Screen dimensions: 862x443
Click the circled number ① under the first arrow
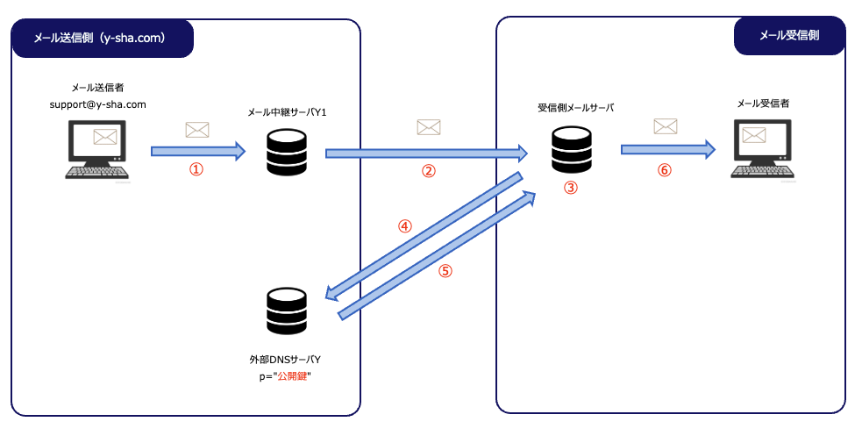tap(196, 169)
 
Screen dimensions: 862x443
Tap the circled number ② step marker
tap(428, 171)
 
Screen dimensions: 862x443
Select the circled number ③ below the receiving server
tap(571, 188)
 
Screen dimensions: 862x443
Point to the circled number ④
tap(405, 226)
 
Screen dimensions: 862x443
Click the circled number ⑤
tap(445, 270)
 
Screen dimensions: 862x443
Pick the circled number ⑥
tap(664, 170)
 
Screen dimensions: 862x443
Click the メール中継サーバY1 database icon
tap(287, 153)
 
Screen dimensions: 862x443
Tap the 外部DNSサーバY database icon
tap(287, 311)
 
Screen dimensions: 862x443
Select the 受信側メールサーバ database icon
tap(572, 149)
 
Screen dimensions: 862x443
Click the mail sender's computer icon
tap(96, 149)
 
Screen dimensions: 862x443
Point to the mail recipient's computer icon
tap(763, 149)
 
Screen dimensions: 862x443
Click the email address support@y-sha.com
tap(98, 104)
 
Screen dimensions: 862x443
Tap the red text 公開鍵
tap(292, 376)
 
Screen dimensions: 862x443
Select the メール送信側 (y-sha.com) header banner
tap(103, 38)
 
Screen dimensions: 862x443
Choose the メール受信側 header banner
tap(789, 36)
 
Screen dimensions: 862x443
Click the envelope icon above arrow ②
tap(428, 127)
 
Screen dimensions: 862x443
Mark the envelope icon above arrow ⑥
tap(666, 126)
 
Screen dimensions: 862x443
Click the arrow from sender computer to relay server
tap(198, 151)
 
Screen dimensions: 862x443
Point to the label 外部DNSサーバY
tap(285, 360)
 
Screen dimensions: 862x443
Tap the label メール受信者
tap(763, 104)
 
